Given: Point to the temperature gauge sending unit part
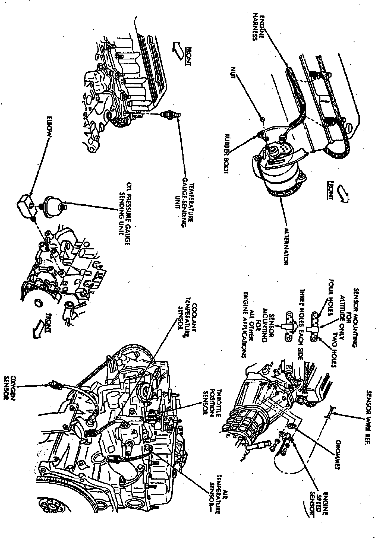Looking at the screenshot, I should click(171, 115).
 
